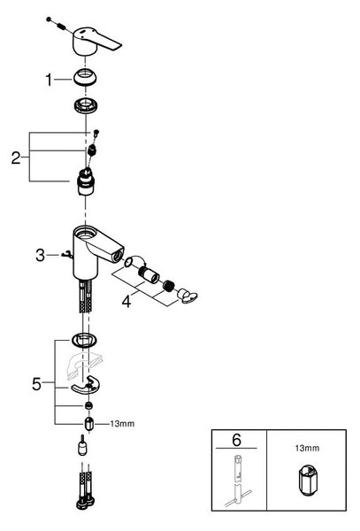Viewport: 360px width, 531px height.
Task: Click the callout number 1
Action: pos(49,81)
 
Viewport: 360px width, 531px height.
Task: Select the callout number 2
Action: pos(16,158)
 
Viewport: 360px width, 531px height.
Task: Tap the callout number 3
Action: pos(41,255)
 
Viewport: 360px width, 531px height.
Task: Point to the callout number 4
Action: pos(126,302)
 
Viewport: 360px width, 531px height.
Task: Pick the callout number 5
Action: pos(36,384)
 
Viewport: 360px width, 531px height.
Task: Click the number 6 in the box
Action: pos(236,440)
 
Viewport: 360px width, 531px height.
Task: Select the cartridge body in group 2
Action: pos(85,181)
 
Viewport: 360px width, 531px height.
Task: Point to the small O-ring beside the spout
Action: pos(128,262)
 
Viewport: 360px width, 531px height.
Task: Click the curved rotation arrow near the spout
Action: pos(139,258)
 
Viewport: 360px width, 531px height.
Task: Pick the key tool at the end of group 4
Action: pos(188,296)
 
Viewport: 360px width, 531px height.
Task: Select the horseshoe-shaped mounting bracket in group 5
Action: pos(87,385)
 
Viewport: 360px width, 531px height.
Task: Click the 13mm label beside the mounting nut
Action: pos(122,424)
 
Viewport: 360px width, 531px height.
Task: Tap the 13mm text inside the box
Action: pos(307,448)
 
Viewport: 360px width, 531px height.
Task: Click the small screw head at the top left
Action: pos(49,19)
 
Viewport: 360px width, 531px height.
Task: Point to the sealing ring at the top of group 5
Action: pos(84,339)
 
